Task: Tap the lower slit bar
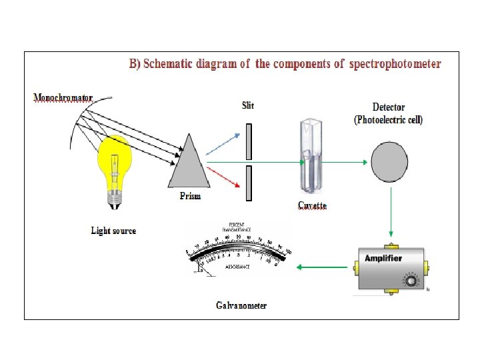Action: tap(248, 183)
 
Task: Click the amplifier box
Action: tap(390, 268)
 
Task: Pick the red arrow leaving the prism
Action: tap(224, 177)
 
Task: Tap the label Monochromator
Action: tap(63, 97)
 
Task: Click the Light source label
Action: tap(113, 231)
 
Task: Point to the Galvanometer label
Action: tap(241, 305)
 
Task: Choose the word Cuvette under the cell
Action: tap(312, 205)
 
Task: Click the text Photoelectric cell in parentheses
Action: tap(389, 120)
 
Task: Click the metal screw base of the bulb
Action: tap(115, 195)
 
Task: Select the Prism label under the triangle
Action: tap(189, 196)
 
